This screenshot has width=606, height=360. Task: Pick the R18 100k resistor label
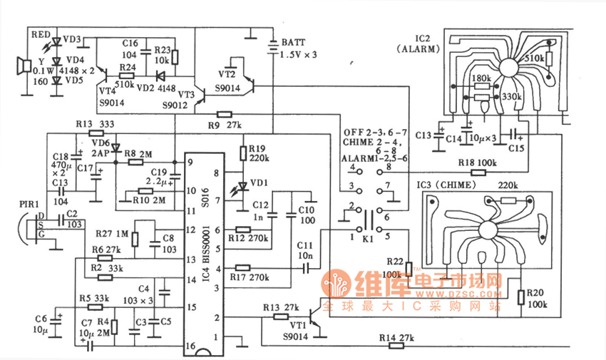point(476,163)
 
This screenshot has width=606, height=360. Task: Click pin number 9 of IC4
point(190,162)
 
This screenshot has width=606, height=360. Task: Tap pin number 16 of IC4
point(190,346)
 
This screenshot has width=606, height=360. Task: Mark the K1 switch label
point(369,240)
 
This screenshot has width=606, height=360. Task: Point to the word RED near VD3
point(41,34)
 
